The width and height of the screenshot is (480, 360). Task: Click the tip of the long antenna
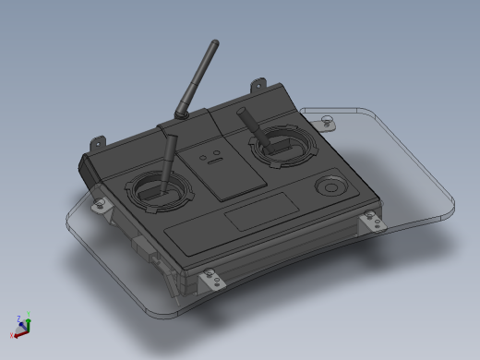point(214,43)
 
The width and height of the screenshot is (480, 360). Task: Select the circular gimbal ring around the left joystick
point(162,192)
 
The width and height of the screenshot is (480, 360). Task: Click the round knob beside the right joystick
point(329,186)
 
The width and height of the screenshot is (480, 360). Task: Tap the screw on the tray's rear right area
point(326,118)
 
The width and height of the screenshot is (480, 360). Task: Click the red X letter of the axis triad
point(12,336)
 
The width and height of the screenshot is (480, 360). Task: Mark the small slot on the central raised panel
point(210,160)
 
